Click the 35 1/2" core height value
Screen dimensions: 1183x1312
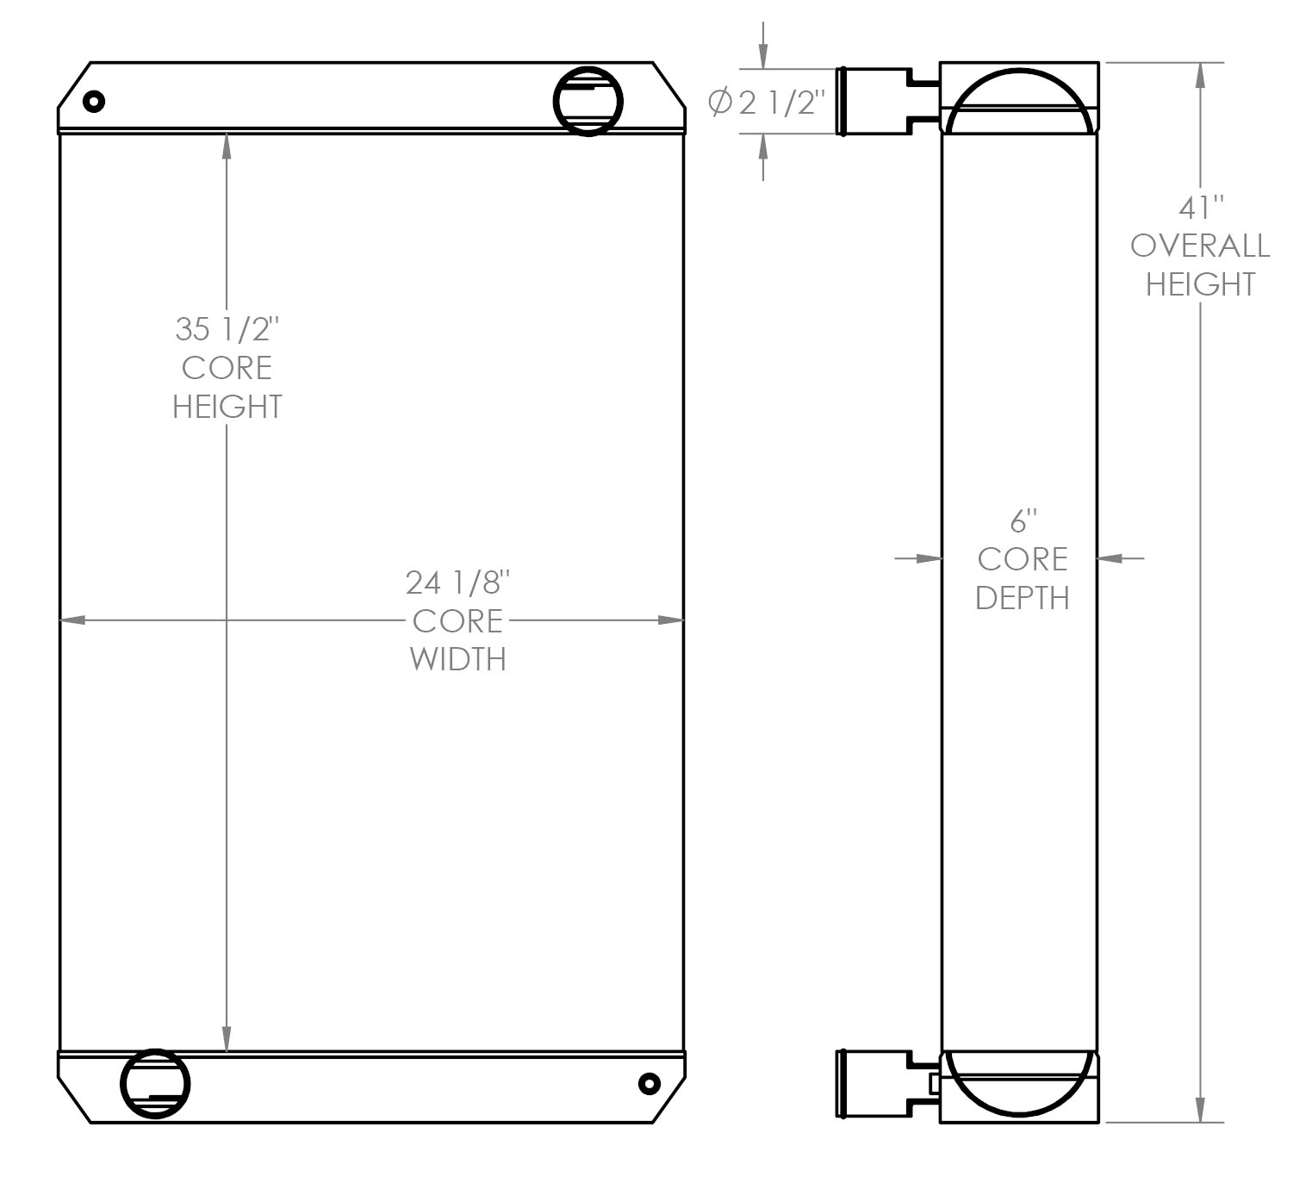(227, 329)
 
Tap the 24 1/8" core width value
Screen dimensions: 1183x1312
(458, 583)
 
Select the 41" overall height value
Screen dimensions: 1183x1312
(1200, 208)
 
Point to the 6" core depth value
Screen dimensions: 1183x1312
(1023, 521)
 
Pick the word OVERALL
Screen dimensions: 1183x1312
(1200, 246)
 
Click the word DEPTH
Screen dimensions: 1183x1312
(1023, 597)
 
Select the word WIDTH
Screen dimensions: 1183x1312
(458, 659)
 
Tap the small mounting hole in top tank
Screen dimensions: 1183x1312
(94, 102)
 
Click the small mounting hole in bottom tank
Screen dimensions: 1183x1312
(649, 1083)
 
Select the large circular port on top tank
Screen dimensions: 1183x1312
(588, 101)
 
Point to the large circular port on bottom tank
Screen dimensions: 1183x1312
(155, 1083)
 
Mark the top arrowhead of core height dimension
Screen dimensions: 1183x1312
(227, 146)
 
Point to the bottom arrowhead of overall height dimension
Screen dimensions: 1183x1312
(1200, 1109)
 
